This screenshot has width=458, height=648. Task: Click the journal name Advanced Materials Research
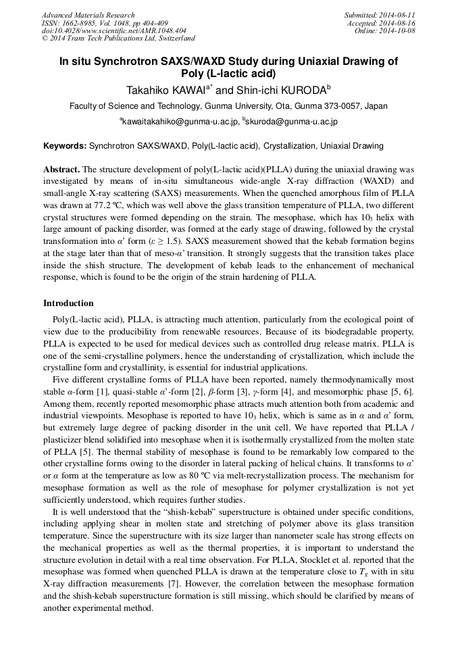tap(88, 15)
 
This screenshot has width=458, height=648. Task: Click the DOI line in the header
tap(113, 30)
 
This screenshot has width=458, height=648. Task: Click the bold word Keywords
tap(65, 145)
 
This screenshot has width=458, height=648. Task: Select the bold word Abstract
tap(61, 168)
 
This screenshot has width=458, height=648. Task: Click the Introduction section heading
tap(68, 303)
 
